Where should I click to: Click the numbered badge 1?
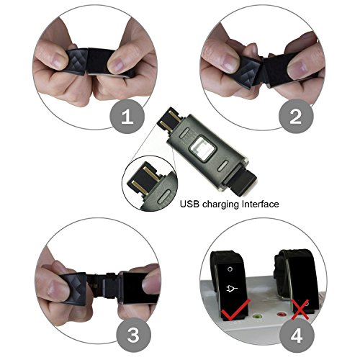tap(127, 116)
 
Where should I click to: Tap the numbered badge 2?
tap(296, 116)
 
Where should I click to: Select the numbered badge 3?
tap(134, 335)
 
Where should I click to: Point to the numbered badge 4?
tap(297, 336)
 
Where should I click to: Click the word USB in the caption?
tap(189, 204)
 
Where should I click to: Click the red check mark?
tap(236, 310)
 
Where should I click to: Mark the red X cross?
tap(300, 310)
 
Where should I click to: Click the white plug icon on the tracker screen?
tap(232, 288)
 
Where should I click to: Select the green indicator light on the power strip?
tap(258, 317)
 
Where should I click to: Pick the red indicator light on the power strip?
tap(280, 314)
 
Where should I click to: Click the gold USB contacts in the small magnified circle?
tap(144, 179)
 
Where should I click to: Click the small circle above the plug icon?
tap(230, 269)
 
